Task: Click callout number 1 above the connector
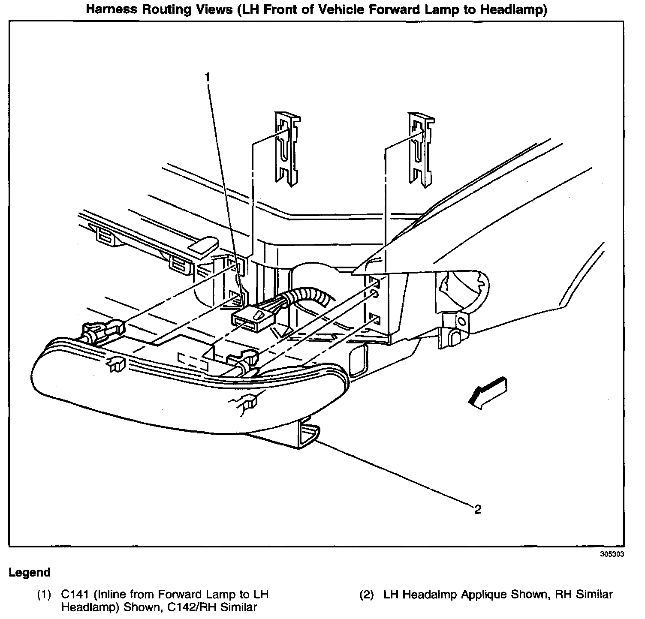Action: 208,77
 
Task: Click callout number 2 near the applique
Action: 477,509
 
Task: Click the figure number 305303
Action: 612,554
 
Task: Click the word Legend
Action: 30,572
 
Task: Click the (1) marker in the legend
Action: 44,595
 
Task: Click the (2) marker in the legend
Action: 367,595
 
